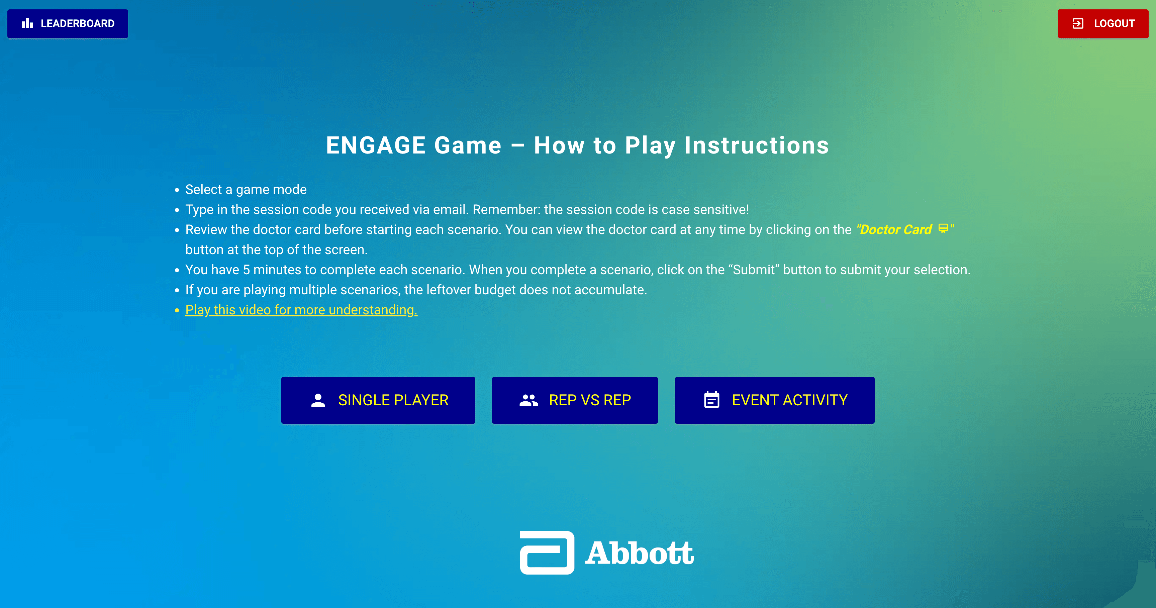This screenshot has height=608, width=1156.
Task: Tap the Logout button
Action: [1103, 24]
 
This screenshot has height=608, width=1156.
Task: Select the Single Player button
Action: [378, 400]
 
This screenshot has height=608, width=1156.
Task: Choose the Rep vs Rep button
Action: [575, 400]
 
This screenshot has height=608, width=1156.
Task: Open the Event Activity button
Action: [775, 400]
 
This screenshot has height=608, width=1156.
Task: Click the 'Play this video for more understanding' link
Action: [301, 310]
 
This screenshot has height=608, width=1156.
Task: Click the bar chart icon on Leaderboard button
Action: [27, 23]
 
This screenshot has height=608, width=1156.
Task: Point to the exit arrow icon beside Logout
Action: [1078, 23]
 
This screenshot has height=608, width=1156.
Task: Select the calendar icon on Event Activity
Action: [712, 399]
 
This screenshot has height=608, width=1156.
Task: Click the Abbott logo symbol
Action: [547, 552]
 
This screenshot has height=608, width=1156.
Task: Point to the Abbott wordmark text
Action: [640, 553]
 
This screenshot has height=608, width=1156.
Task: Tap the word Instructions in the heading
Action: [757, 145]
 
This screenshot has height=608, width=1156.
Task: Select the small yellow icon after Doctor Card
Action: [943, 228]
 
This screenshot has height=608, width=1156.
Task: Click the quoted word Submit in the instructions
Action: [754, 270]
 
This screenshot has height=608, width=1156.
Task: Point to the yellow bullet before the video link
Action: [177, 310]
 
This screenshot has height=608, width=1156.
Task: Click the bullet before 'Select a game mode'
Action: [177, 190]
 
